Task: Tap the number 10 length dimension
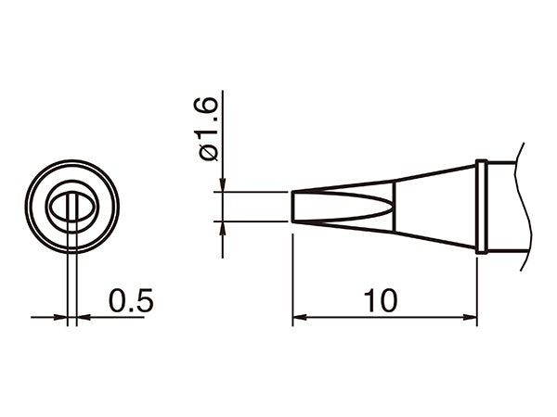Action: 381,300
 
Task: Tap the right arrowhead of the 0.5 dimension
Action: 81,318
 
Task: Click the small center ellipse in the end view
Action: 71,207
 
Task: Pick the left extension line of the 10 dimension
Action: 292,278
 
